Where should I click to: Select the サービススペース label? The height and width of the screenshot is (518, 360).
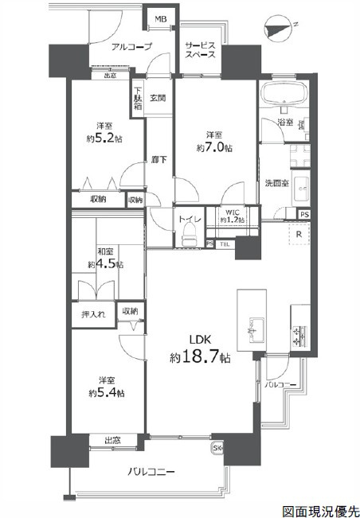tap(198, 50)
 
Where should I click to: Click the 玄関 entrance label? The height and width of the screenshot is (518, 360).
tap(157, 99)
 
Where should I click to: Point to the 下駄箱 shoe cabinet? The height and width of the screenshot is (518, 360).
tap(138, 98)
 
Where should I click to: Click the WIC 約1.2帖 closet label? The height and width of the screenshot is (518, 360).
tap(233, 216)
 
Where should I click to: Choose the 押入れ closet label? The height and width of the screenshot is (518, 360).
tap(92, 314)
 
